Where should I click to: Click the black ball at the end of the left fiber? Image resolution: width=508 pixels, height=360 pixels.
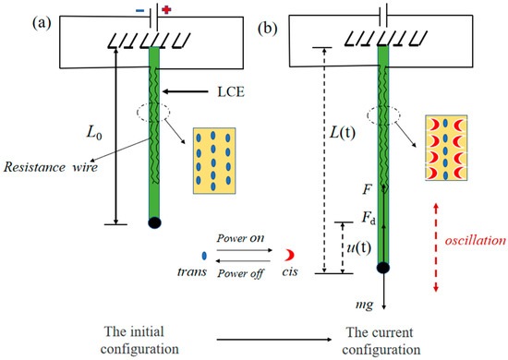pos(155,222)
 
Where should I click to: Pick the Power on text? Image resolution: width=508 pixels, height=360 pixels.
pos(238,237)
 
